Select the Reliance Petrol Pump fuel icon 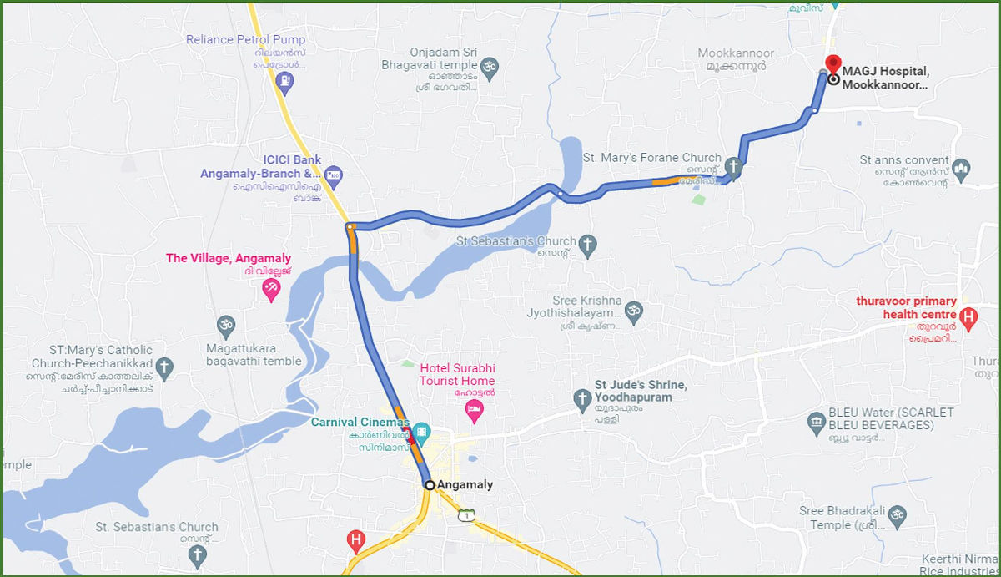click(285, 81)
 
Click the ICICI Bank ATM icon click(334, 175)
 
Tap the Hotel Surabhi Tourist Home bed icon click(473, 409)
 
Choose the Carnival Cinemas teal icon click(422, 432)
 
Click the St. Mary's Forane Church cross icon click(732, 166)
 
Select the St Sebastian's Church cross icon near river click(588, 245)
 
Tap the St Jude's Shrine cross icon click(582, 401)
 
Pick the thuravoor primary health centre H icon click(968, 317)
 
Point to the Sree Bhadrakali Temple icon click(898, 514)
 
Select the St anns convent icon click(961, 167)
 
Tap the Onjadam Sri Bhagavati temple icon click(490, 70)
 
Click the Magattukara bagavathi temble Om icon click(225, 324)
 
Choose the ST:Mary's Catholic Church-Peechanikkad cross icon click(165, 367)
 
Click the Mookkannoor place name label click(736, 53)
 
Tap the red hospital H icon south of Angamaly click(356, 541)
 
